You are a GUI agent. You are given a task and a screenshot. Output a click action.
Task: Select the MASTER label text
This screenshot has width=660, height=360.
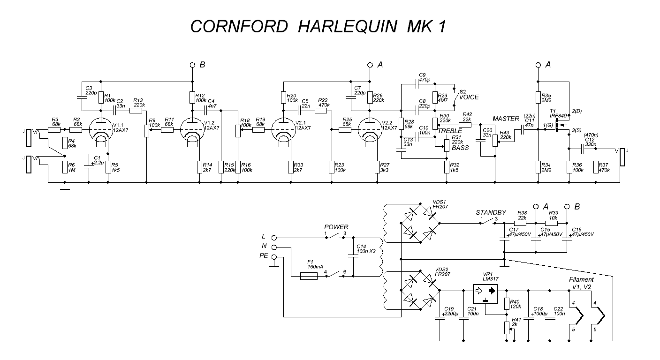[506, 119]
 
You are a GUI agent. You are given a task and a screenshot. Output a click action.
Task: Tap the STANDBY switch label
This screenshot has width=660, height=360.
[491, 212]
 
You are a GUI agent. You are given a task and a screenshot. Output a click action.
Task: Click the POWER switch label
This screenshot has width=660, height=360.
[336, 227]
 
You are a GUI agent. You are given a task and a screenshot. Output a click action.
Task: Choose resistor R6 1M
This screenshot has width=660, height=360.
[64, 167]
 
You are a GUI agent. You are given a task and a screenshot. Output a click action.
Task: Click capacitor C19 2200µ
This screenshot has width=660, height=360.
[440, 319]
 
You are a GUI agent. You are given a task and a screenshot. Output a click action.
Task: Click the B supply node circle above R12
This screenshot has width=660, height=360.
[192, 65]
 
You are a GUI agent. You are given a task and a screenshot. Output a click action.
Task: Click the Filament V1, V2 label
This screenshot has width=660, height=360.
[581, 283]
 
